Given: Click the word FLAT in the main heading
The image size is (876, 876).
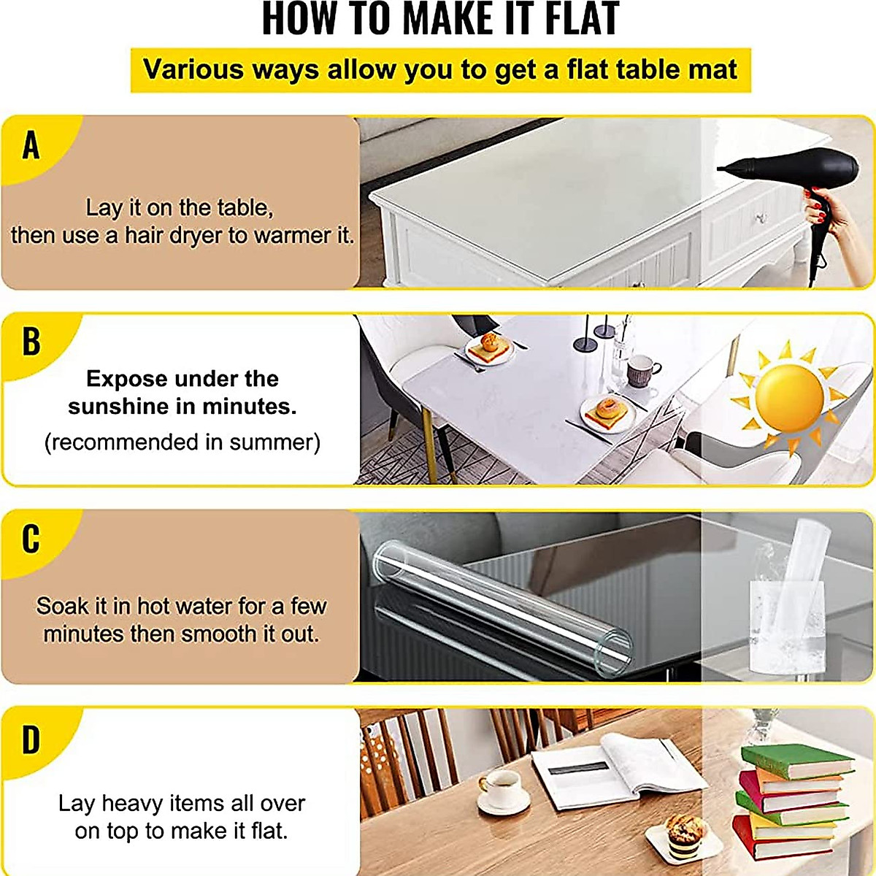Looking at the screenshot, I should point(581,20).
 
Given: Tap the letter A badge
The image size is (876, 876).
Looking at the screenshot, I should point(31,145).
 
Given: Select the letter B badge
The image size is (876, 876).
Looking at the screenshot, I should point(31,342).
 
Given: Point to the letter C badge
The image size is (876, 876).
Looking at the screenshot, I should point(31,539).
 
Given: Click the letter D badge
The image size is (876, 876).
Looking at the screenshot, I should point(31,740).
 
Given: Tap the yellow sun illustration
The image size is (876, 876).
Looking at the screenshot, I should point(788,398).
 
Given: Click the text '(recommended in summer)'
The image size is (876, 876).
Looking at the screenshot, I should point(182,442).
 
